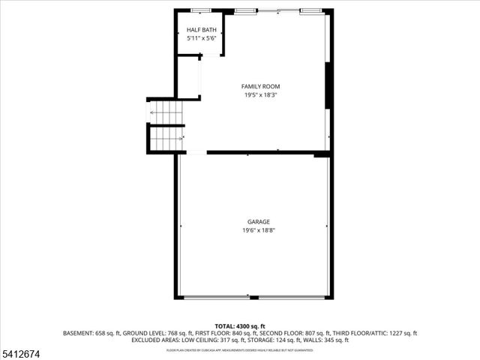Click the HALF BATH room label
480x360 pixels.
(200, 29)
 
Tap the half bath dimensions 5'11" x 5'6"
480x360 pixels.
(200, 38)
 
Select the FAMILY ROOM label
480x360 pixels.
(260, 86)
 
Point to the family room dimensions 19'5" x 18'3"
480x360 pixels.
(260, 95)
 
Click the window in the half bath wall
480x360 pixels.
(200, 10)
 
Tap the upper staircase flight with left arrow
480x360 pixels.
(166, 112)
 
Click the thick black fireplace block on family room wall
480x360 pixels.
(328, 86)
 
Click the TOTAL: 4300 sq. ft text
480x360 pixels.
(240, 326)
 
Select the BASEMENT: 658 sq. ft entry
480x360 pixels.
(88, 333)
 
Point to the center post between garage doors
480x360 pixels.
(254, 298)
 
